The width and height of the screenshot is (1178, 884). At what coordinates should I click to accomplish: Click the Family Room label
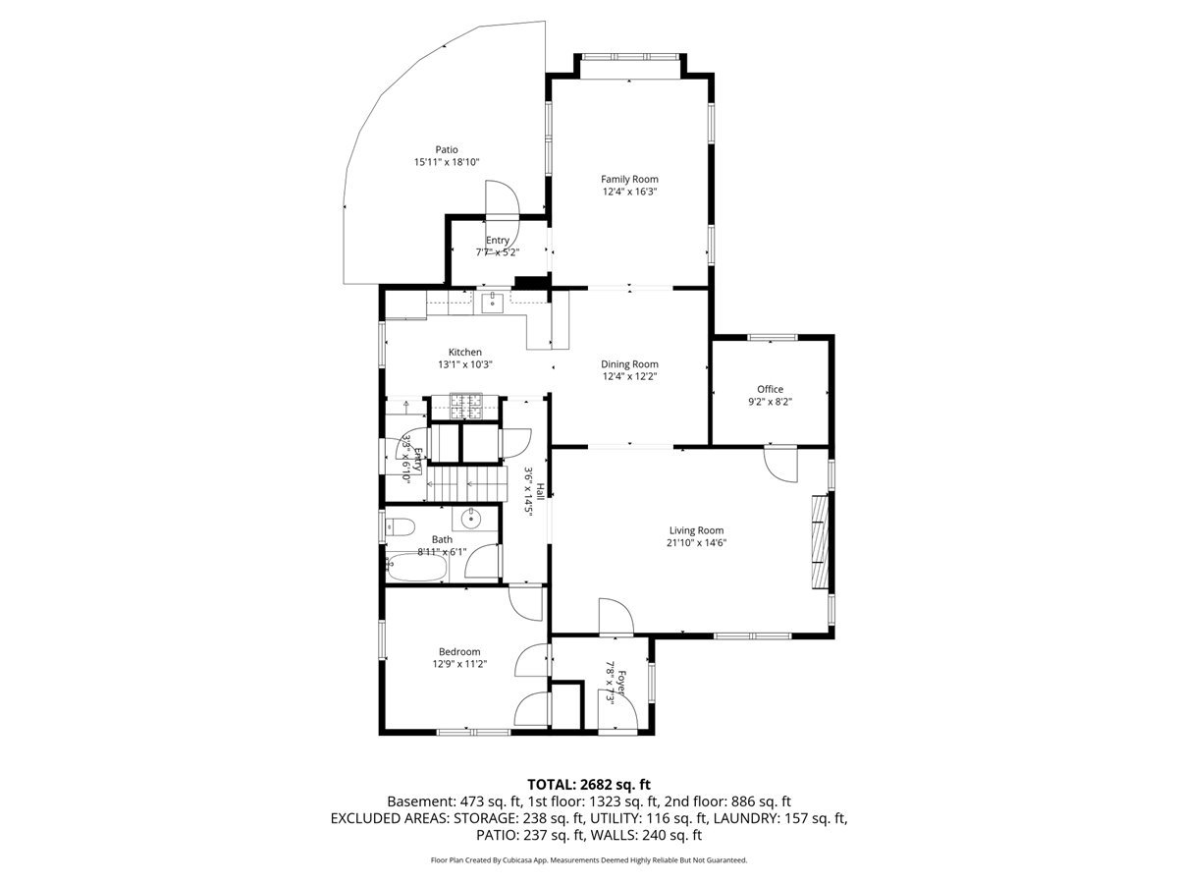(629, 180)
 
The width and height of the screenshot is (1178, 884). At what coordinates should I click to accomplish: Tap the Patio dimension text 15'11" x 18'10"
(447, 162)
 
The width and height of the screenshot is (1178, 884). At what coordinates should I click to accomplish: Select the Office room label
(771, 389)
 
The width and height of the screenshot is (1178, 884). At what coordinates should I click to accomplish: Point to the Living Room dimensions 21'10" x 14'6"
(697, 542)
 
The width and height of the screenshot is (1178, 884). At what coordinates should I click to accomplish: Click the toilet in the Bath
(401, 527)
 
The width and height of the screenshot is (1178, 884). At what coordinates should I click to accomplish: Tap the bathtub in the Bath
(416, 568)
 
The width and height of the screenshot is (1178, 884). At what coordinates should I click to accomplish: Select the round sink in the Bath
(471, 519)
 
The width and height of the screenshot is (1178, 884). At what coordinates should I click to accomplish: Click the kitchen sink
(492, 304)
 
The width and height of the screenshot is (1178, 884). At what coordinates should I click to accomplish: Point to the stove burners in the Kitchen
(466, 407)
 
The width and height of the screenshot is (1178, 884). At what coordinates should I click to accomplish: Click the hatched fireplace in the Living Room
(820, 542)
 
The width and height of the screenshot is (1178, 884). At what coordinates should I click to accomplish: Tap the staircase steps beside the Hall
(467, 483)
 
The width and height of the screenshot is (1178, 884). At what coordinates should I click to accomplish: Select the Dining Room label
(629, 364)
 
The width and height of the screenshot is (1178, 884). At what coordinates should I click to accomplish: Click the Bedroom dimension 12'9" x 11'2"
(460, 664)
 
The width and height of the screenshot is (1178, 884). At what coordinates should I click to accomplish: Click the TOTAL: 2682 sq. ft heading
(589, 785)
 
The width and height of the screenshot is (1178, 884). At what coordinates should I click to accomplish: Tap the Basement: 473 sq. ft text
(455, 801)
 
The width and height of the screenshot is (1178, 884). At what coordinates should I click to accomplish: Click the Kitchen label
(465, 352)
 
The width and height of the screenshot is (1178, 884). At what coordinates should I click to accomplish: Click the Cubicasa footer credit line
(589, 860)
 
